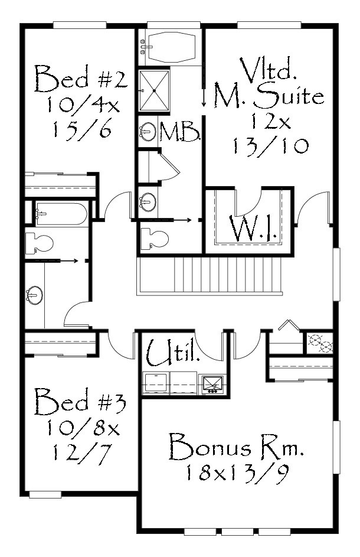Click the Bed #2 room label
[81, 79]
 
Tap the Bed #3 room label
[80, 401]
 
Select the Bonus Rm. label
[236, 447]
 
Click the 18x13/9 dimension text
[236, 472]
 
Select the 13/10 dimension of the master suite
[270, 145]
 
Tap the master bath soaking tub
[172, 46]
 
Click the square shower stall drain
[155, 91]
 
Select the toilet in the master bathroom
[155, 237]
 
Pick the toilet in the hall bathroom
[39, 243]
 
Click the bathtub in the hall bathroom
[61, 214]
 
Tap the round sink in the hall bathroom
[34, 295]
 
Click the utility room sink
[212, 384]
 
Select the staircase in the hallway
[210, 276]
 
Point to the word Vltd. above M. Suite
[269, 69]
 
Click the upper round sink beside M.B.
[147, 132]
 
